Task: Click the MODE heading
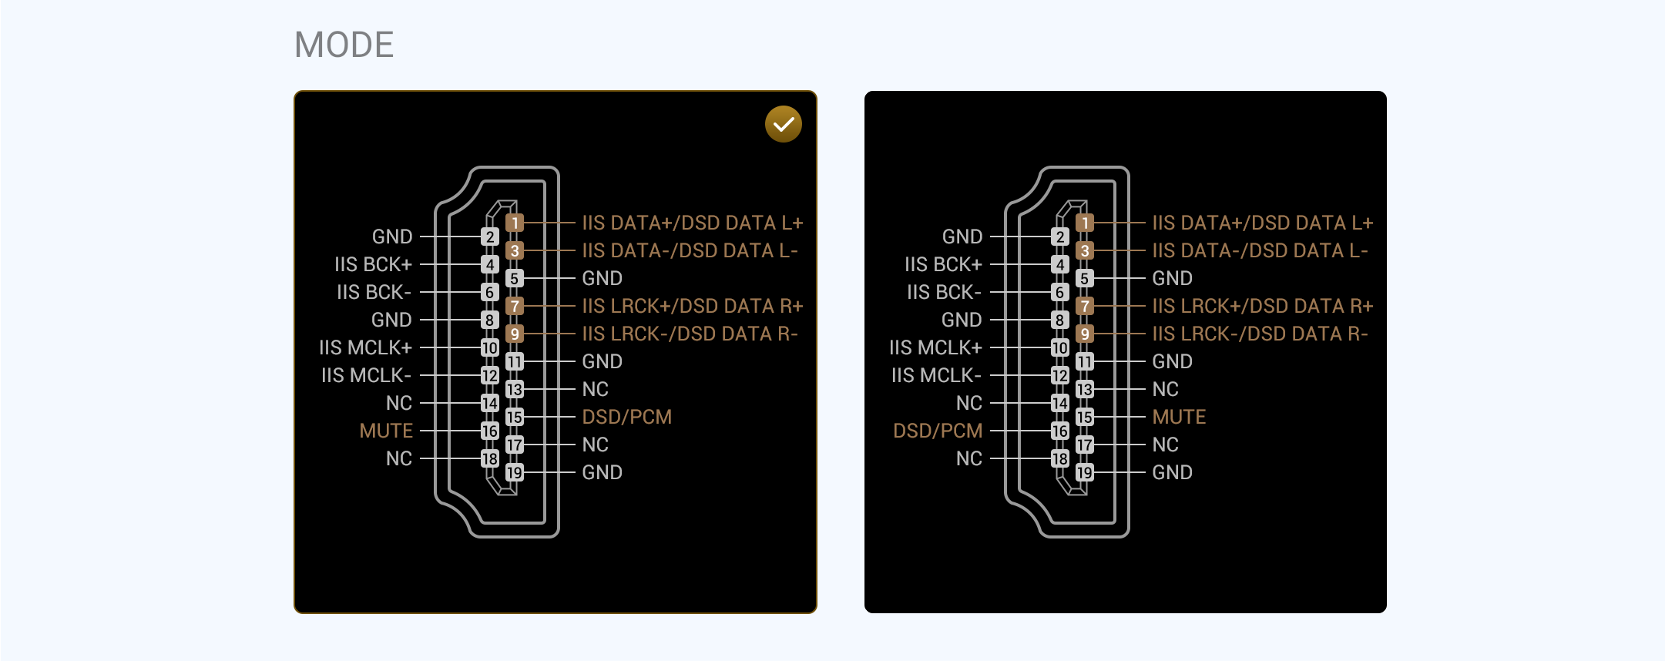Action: (344, 45)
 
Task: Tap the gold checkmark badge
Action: (784, 124)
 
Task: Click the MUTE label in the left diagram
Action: (386, 431)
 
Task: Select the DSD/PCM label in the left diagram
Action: (627, 417)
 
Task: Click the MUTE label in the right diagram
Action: (1179, 417)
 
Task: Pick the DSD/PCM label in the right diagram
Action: (938, 431)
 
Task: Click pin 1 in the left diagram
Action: (515, 223)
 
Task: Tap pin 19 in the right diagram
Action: (1085, 472)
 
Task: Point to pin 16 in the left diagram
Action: (490, 431)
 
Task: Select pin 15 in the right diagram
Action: (1085, 417)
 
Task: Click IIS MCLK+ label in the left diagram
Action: (366, 347)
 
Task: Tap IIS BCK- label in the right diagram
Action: (944, 292)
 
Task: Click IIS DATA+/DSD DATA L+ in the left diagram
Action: (693, 223)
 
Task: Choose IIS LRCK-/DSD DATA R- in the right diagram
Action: (1260, 334)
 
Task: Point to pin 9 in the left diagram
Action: (515, 334)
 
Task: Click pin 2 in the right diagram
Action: (1060, 237)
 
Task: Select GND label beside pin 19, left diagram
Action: (602, 472)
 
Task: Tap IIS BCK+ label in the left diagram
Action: (373, 264)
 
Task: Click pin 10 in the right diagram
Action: (1060, 347)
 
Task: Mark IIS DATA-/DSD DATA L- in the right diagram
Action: (1260, 250)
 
